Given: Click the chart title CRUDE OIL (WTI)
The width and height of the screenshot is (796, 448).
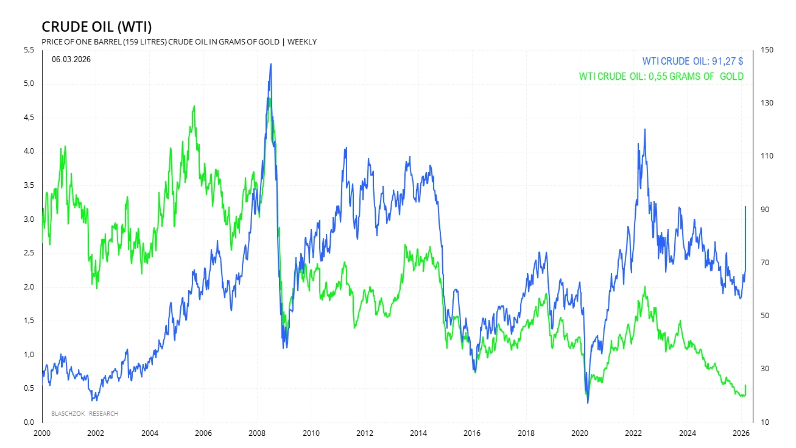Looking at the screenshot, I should (96, 27).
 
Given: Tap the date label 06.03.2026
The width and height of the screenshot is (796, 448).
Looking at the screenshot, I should (71, 59).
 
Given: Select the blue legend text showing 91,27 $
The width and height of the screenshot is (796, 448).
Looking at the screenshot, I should (692, 62).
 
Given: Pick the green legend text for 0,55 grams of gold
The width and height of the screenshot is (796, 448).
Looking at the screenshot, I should (661, 77).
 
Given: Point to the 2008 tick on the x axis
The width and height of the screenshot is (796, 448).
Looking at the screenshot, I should (257, 433).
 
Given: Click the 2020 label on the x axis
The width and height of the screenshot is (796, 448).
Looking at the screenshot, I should (580, 433).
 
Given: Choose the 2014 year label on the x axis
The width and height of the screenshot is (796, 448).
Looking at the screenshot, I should (418, 433).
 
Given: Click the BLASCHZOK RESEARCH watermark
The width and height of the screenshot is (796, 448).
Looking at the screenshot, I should (85, 414).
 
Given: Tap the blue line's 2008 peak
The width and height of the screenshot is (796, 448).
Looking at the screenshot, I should (270, 64).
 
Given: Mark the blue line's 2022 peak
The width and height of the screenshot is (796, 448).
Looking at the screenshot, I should (644, 129).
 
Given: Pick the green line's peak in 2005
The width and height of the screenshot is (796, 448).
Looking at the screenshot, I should (194, 106).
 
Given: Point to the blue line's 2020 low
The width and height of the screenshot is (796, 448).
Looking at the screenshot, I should (588, 402).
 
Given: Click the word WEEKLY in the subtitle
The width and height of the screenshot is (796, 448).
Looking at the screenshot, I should (302, 41).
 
